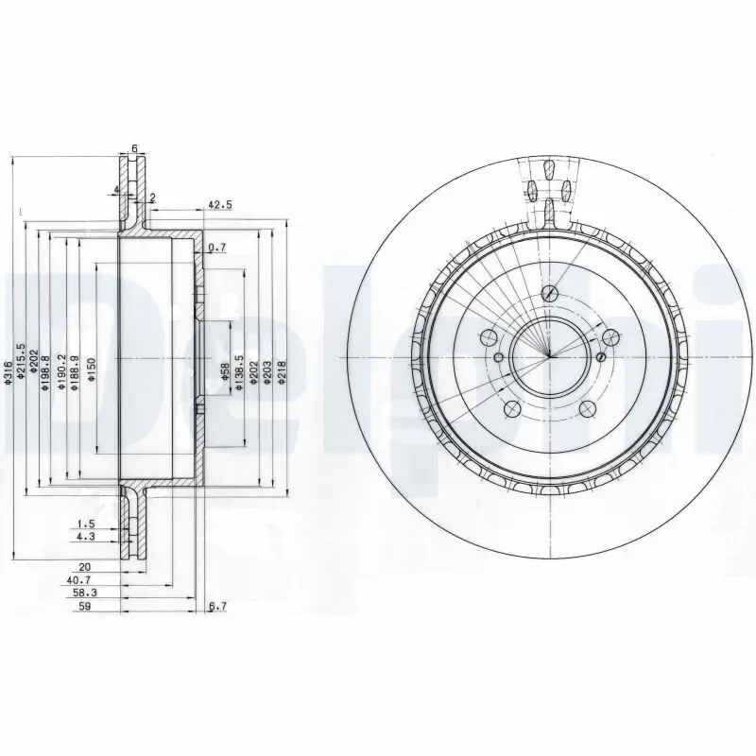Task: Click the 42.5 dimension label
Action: click(219, 205)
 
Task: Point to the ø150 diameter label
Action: click(92, 369)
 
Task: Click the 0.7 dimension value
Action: click(217, 248)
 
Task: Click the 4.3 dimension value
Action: click(86, 536)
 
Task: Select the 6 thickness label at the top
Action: click(134, 148)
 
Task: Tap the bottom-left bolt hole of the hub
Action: click(510, 408)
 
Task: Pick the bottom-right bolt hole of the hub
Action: click(587, 408)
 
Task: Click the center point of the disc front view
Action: click(548, 358)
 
